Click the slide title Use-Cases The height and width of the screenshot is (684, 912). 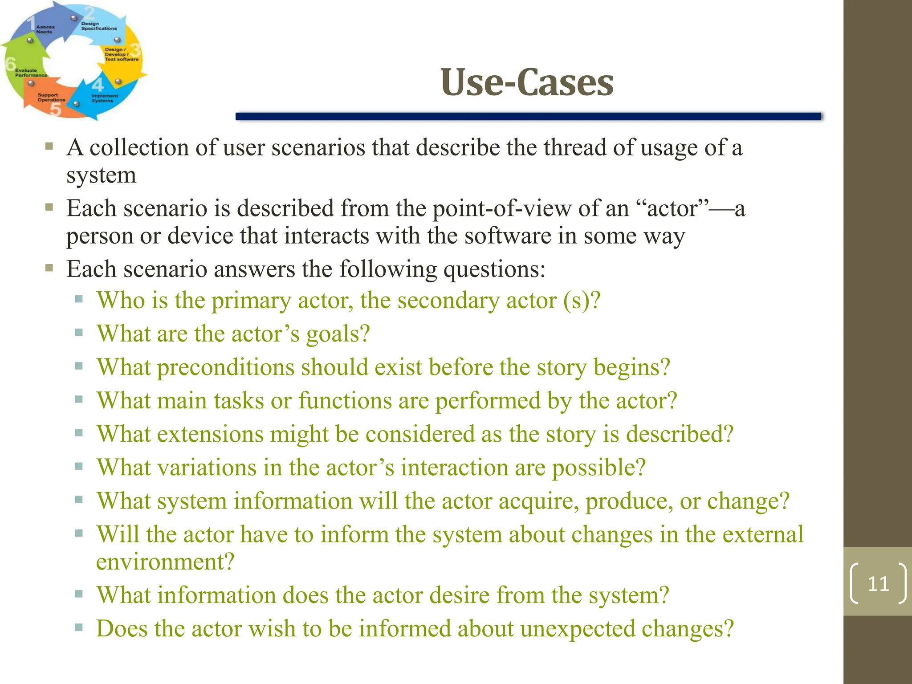click(x=527, y=82)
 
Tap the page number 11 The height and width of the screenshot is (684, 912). click(x=878, y=583)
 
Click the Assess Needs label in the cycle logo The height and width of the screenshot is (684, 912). click(x=45, y=29)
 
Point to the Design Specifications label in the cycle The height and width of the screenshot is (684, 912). click(x=98, y=26)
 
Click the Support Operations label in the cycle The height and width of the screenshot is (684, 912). click(x=51, y=98)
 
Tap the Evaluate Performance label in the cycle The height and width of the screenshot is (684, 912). click(x=30, y=73)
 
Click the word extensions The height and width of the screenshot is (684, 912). click(x=211, y=434)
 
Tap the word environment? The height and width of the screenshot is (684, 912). click(x=165, y=562)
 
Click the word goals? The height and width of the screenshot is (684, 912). click(x=338, y=334)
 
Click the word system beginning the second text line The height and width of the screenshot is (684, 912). click(x=101, y=175)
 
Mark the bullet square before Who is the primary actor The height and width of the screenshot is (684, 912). click(x=79, y=299)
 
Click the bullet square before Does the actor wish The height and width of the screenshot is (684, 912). click(x=79, y=628)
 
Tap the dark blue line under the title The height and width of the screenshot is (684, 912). click(x=528, y=116)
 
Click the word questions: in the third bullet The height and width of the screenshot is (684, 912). click(x=494, y=269)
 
